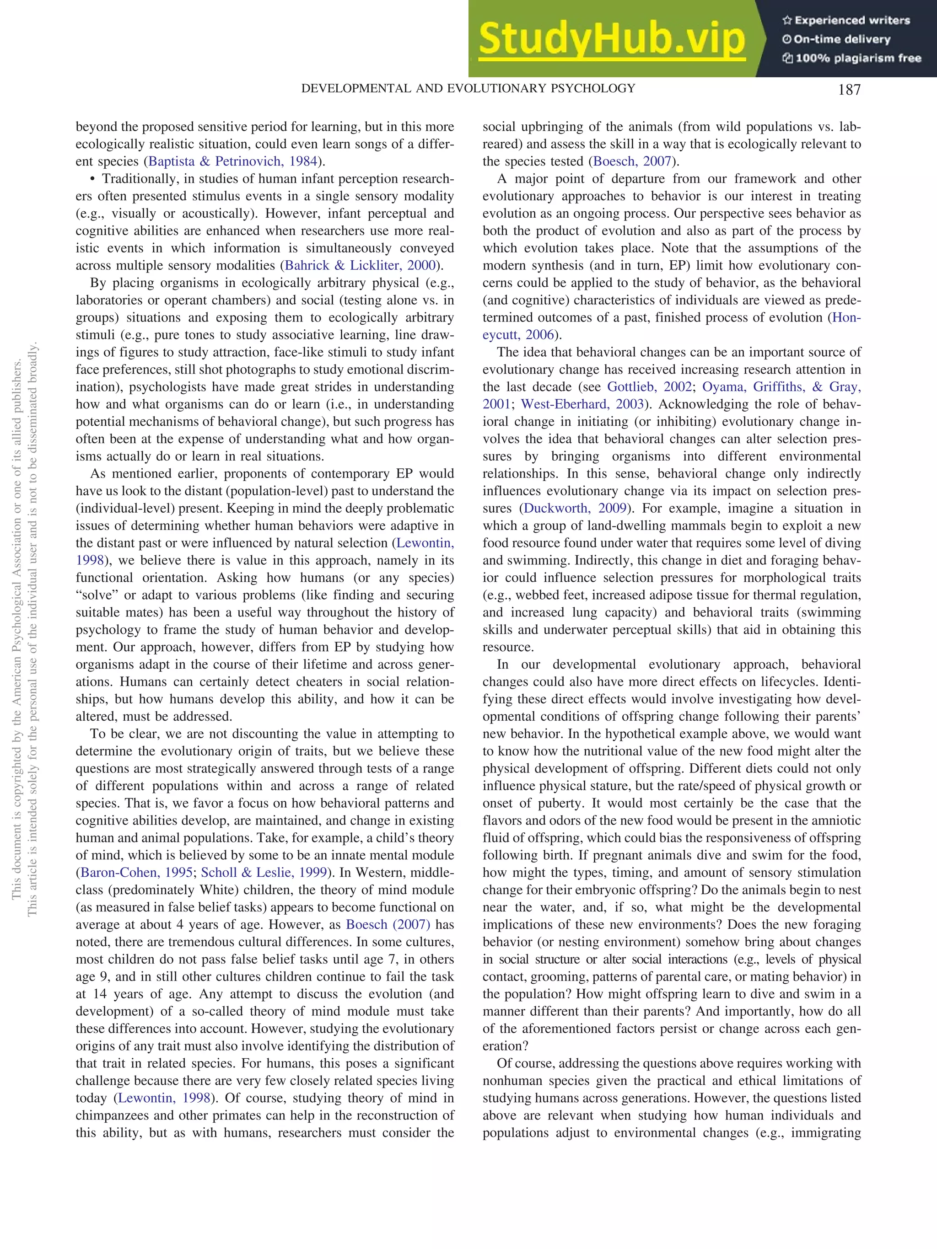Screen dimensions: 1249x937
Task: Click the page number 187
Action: [849, 89]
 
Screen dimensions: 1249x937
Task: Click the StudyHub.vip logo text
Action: [612, 39]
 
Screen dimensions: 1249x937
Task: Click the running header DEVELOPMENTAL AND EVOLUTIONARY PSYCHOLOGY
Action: [468, 89]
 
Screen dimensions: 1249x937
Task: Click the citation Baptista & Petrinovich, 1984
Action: [232, 161]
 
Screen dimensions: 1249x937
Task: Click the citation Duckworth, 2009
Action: [575, 508]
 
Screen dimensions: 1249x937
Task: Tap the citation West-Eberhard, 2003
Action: [582, 404]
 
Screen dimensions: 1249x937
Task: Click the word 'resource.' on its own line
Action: [508, 647]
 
